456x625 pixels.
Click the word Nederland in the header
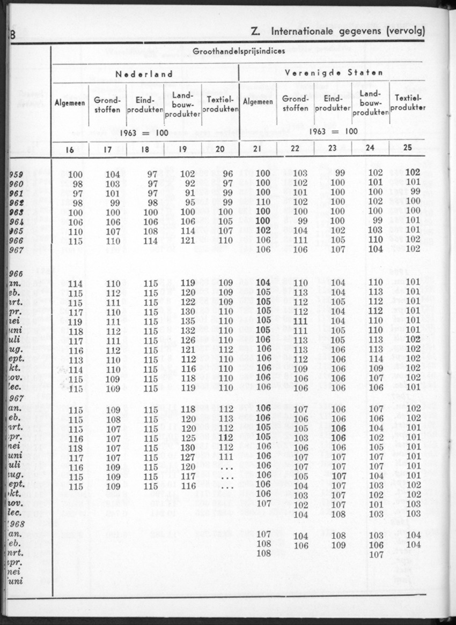pos(144,74)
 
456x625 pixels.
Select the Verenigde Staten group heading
pos(334,72)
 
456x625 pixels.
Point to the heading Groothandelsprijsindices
pos(239,51)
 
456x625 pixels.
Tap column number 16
pos(70,149)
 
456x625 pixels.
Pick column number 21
pos(256,149)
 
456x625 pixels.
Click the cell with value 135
pos(188,321)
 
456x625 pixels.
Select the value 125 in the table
pos(188,438)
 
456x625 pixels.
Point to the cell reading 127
pos(188,457)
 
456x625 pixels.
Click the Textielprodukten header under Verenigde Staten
pos(408,103)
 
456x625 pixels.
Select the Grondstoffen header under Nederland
pos(107,104)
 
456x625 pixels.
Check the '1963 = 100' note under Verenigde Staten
pos(333,131)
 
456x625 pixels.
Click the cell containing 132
pos(188,331)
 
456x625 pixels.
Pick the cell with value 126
pos(188,341)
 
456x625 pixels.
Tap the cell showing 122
pos(188,302)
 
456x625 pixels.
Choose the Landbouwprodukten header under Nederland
pos(182,104)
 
